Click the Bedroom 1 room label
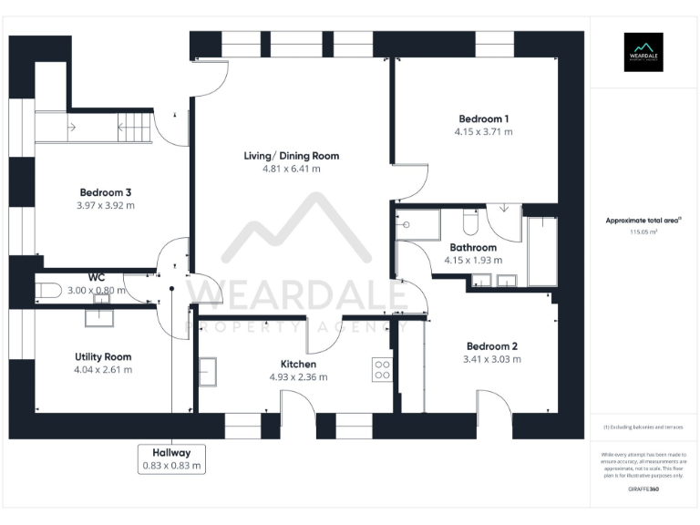[x=483, y=118]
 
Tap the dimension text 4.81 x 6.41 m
[x=291, y=169]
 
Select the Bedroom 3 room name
[x=106, y=192]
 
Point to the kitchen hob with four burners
[x=382, y=369]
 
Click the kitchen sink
[x=209, y=372]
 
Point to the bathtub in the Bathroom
[x=541, y=251]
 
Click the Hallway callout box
[x=171, y=458]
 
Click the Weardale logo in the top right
[x=643, y=52]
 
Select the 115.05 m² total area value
[x=643, y=232]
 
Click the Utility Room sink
[x=98, y=317]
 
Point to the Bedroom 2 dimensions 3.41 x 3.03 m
[x=492, y=359]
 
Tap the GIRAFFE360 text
[x=643, y=489]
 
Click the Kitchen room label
[x=298, y=364]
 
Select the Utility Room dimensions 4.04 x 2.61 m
[x=103, y=370]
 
